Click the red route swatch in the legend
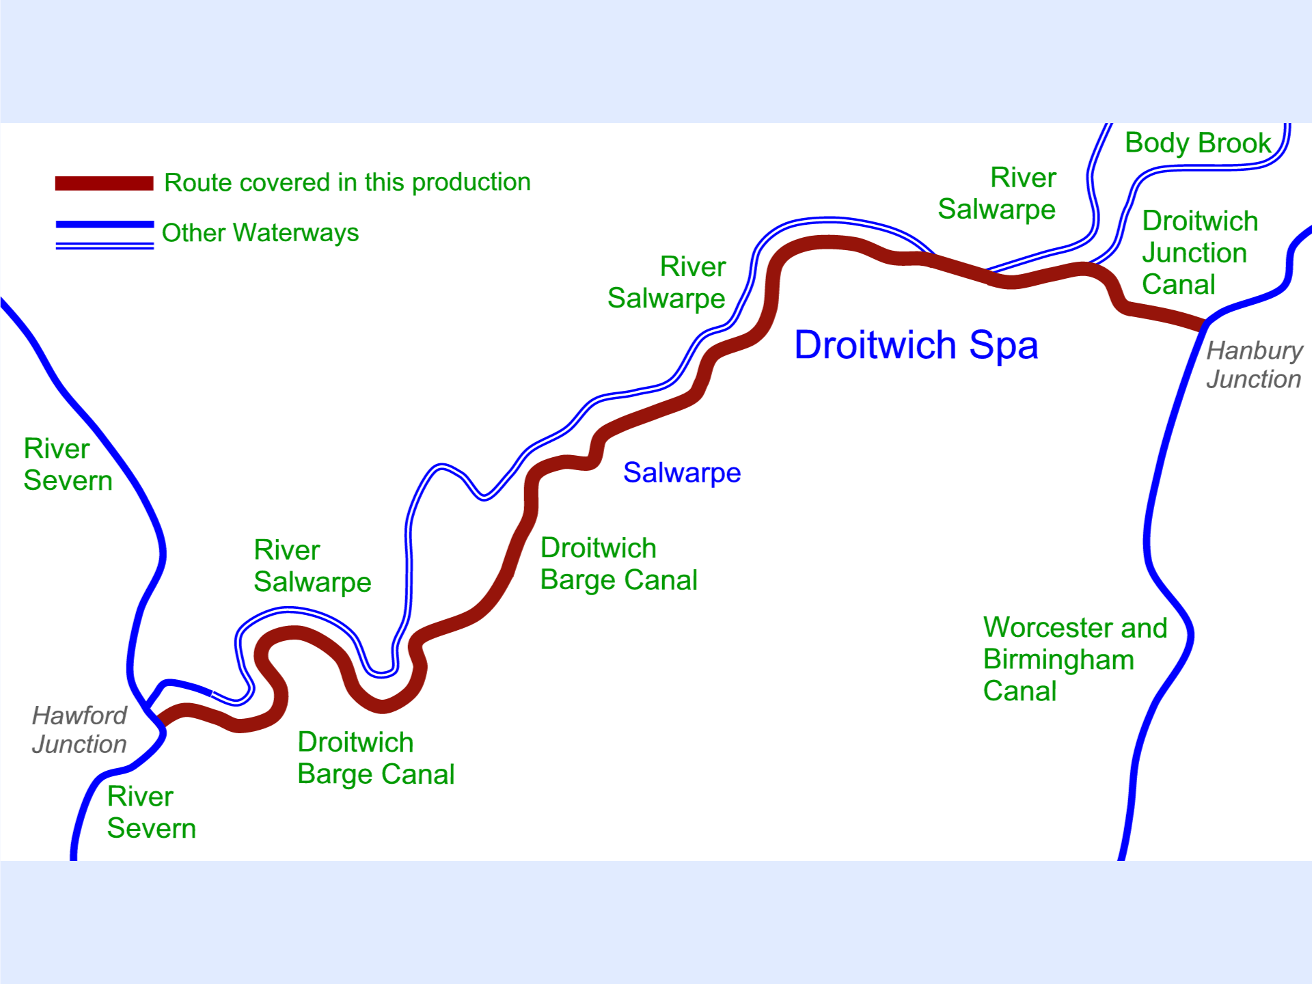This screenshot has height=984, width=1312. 104,183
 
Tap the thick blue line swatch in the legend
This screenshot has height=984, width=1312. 104,224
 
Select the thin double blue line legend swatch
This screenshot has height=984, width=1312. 104,245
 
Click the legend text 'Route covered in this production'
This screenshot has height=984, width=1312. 347,182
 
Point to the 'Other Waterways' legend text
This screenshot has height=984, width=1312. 260,233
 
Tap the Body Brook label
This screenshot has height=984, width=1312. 1197,143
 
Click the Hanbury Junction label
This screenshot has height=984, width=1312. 1254,365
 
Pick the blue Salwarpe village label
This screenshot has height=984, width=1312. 681,473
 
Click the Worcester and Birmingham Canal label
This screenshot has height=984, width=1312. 1074,659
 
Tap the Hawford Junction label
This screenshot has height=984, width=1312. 79,730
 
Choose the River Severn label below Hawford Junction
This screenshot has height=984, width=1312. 151,812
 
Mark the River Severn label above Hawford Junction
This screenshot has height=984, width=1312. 67,465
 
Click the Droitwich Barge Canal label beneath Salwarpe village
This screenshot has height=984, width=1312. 618,564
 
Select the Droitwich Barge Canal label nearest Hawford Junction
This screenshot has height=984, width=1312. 375,758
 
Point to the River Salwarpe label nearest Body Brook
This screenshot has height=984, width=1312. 997,193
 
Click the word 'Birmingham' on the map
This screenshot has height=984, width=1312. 1058,660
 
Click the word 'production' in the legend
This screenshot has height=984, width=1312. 471,182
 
